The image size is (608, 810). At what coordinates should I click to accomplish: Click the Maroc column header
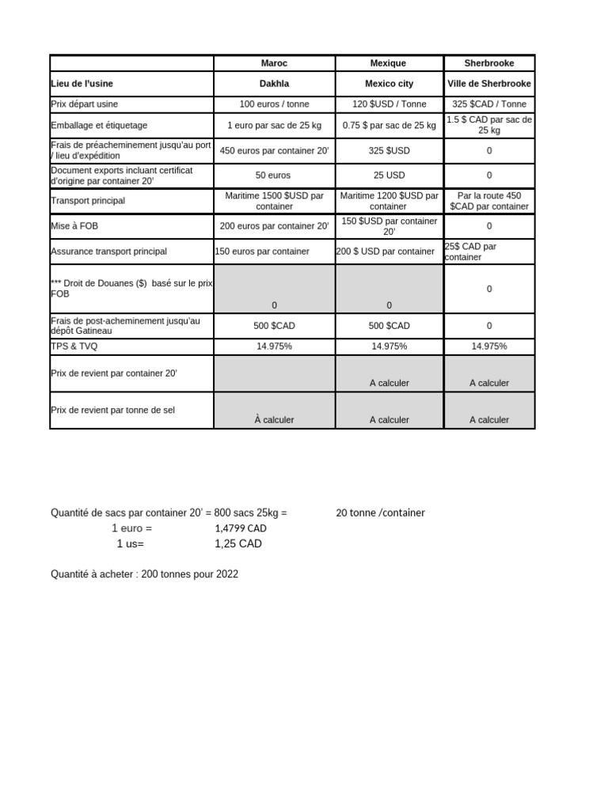tap(275, 63)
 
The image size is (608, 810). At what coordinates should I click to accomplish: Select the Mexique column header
tap(389, 63)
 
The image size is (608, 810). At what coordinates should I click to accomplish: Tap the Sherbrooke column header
tap(489, 63)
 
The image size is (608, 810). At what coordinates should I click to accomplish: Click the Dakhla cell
tap(275, 84)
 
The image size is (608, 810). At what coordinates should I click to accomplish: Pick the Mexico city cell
tap(389, 84)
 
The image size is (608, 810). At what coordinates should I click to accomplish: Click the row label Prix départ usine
tap(85, 104)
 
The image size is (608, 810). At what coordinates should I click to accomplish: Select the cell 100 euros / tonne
tap(275, 104)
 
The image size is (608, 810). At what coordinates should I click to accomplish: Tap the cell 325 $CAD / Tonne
tap(489, 104)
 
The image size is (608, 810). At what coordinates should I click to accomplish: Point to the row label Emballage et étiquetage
tap(99, 125)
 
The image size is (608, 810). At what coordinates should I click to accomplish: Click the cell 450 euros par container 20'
tap(275, 150)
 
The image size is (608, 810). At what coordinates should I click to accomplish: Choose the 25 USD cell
tap(389, 176)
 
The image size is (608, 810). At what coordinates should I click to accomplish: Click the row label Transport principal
tap(88, 201)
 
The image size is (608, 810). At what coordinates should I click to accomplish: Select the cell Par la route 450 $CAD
tap(489, 201)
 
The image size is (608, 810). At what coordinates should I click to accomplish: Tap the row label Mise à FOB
tap(77, 226)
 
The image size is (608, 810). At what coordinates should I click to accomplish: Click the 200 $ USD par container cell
tap(386, 252)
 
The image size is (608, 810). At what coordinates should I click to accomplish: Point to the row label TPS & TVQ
tap(75, 346)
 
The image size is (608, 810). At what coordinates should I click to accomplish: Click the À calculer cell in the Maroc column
tap(275, 420)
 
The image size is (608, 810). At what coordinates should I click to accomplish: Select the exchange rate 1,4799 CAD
tap(241, 528)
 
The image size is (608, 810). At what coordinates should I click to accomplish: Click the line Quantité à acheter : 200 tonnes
tap(144, 574)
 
